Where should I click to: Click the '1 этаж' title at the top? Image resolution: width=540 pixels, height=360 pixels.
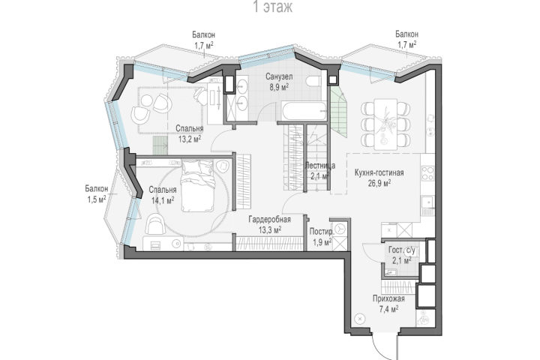(272, 7)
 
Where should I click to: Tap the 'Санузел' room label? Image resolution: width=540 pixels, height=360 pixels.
(279, 76)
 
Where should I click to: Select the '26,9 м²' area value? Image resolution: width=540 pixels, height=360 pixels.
(379, 183)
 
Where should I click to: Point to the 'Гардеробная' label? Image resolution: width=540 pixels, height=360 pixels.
(270, 220)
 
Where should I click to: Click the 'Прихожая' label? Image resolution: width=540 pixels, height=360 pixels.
(388, 298)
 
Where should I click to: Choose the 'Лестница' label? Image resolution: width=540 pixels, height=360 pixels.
(320, 166)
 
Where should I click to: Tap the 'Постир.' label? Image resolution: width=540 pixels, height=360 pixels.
(321, 232)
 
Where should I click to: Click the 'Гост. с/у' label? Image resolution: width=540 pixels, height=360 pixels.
(401, 250)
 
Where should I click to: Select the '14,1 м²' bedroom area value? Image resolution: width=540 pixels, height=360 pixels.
(163, 200)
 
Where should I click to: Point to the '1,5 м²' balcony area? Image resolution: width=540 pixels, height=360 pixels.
(97, 199)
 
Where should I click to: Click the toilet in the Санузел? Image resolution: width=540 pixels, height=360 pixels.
(313, 81)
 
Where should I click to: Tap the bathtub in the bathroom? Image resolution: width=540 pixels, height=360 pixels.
(303, 111)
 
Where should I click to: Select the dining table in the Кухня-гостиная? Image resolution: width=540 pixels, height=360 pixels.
(385, 124)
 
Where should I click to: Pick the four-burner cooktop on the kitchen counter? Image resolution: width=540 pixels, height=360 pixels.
(427, 173)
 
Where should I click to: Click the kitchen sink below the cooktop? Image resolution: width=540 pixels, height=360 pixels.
(427, 202)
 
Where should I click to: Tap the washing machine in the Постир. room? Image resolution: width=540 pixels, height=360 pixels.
(340, 229)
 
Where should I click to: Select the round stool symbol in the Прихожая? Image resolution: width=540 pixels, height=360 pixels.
(360, 319)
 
